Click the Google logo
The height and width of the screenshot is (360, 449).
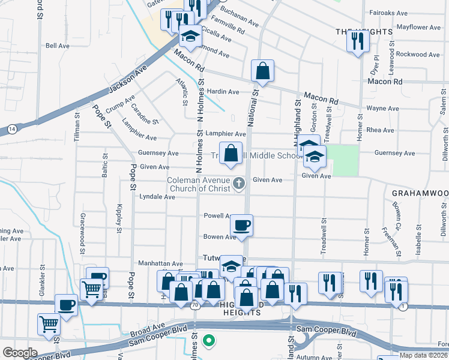click(x=19, y=352)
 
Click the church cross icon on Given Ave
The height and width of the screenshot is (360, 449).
click(x=239, y=183)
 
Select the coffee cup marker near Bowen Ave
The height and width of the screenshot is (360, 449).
click(x=242, y=226)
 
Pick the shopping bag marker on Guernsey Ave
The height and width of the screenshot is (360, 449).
click(x=231, y=154)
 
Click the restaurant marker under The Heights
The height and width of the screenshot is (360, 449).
click(x=358, y=41)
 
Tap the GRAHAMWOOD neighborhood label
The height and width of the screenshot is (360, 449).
click(x=420, y=193)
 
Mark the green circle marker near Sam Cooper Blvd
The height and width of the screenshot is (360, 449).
click(x=209, y=341)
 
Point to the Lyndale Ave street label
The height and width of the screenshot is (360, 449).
click(x=157, y=196)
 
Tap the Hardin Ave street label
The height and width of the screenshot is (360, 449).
click(x=223, y=92)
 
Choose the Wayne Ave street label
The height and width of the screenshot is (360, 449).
click(x=382, y=109)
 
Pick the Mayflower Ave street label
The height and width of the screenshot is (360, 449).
click(x=419, y=27)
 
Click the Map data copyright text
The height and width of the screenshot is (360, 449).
click(x=424, y=355)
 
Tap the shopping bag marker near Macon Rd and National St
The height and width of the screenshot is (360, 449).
click(x=263, y=71)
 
